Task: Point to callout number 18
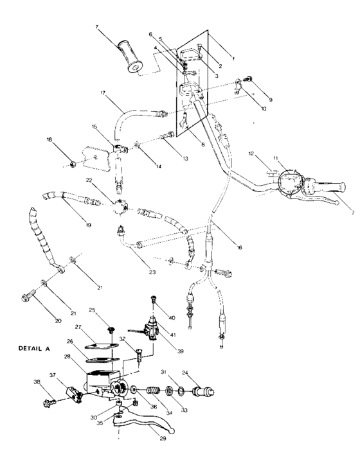pos(50,139)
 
